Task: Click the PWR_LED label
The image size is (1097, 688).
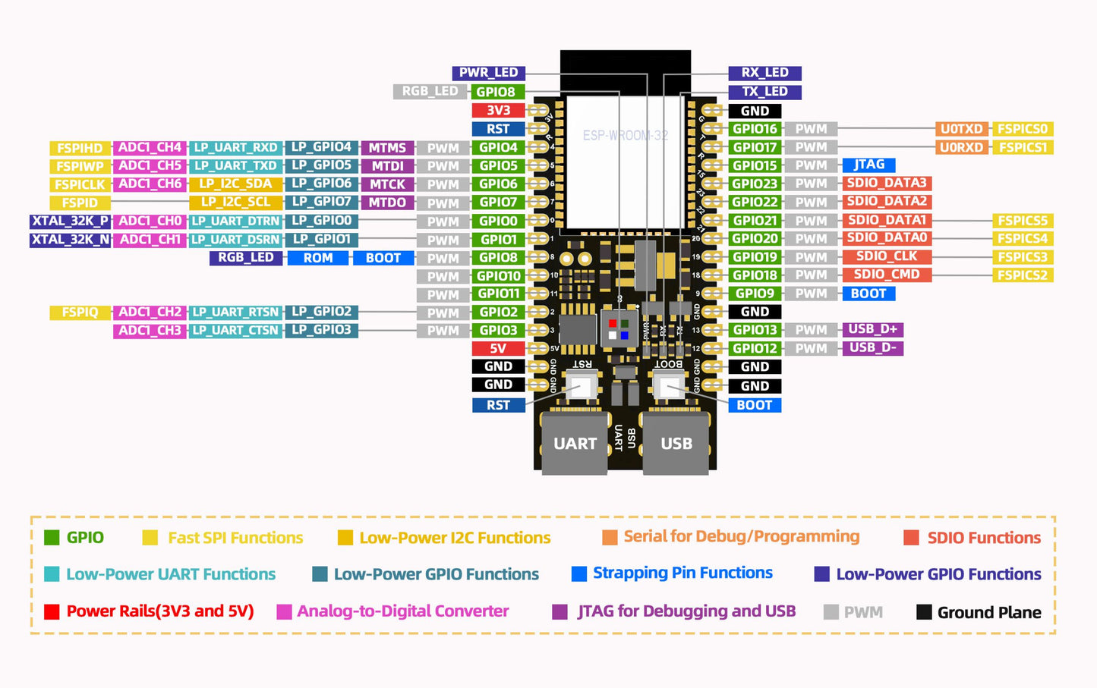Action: point(488,73)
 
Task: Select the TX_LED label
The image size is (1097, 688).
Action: point(764,92)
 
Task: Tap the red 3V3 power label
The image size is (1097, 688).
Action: point(498,111)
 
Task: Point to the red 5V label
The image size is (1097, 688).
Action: point(498,349)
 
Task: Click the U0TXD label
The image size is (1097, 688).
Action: point(962,129)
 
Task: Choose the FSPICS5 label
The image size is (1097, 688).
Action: point(1022,221)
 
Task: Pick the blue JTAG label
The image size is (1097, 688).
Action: point(868,165)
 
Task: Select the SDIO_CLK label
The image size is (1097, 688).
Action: point(886,256)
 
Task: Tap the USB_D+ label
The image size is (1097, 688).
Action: point(872,329)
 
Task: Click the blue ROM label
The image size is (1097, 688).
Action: point(318,258)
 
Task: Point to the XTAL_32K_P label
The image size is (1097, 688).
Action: point(71,221)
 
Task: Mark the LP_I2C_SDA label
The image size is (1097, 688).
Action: point(235,184)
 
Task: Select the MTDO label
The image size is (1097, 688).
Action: point(387,203)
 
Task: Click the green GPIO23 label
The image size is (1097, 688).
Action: point(755,184)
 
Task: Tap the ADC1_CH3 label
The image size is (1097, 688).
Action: point(150,331)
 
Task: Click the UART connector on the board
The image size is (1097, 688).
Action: point(575,443)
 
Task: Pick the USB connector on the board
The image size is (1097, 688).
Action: point(676,443)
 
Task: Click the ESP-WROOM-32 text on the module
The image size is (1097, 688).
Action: point(626,136)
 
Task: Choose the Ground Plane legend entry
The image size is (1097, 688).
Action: point(979,612)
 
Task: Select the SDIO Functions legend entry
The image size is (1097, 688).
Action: point(973,538)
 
